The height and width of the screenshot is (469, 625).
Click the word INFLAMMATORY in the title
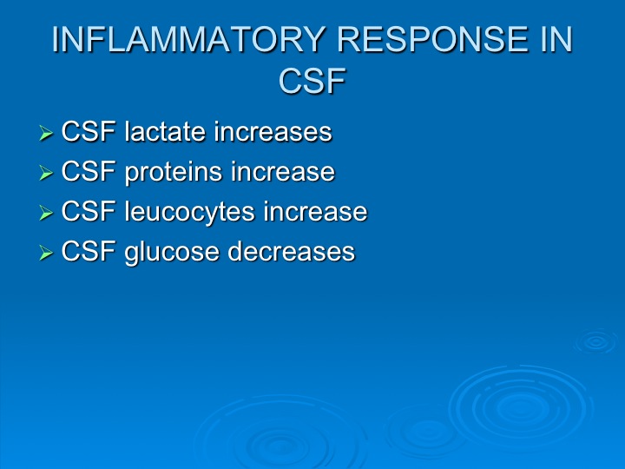(187, 39)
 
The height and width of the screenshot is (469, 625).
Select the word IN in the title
(556, 39)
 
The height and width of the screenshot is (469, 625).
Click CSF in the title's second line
(312, 81)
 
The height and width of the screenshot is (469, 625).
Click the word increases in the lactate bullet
(273, 132)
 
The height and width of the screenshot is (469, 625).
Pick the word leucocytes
(189, 212)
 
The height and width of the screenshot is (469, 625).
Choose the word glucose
(172, 252)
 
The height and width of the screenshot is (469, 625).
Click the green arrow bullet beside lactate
(46, 133)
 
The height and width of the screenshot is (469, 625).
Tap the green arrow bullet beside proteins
(46, 173)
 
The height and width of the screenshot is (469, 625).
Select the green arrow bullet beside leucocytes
(46, 213)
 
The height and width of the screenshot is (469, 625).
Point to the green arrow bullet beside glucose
(46, 253)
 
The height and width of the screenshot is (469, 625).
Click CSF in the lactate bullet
(89, 132)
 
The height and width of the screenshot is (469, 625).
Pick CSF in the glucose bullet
(89, 251)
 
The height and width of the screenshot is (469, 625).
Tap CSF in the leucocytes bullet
(89, 211)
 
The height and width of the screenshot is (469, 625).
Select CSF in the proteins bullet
(89, 171)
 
